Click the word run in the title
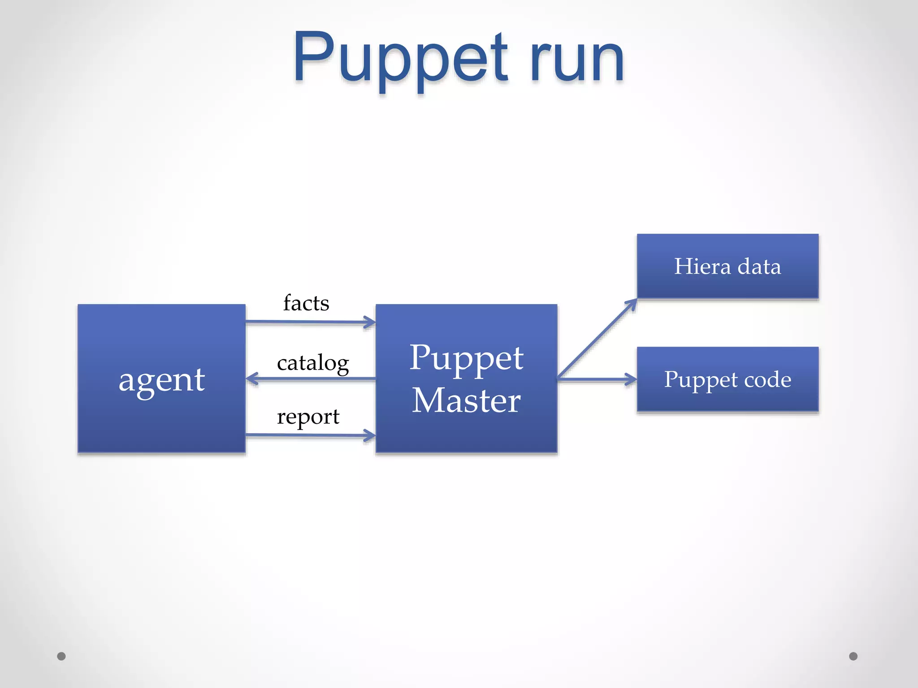pos(577,60)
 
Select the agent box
pos(161,378)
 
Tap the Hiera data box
pos(727,266)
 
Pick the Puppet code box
pos(727,379)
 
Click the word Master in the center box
pos(466,400)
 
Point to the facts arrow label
pos(306,303)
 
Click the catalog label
pos(313,363)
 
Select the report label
pos(308,417)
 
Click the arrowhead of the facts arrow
pos(371,322)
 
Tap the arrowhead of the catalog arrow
pos(251,379)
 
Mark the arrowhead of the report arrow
pos(371,435)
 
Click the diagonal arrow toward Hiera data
pos(596,339)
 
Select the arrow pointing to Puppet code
pos(596,379)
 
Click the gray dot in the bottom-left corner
pos(61,656)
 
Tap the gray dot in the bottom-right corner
pos(853,656)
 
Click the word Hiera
pos(702,267)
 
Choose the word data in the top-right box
pos(759,267)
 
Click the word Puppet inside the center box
pos(466,358)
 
